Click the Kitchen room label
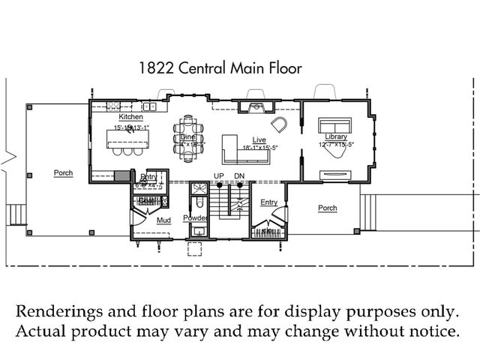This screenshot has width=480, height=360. [130, 118]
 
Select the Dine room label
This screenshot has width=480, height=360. [188, 137]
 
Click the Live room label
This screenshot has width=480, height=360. [259, 140]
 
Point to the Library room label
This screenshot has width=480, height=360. [336, 136]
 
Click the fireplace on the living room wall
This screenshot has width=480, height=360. [257, 106]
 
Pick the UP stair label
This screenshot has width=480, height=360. [220, 175]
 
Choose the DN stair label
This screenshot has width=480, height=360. [239, 175]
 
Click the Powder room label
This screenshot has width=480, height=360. [195, 217]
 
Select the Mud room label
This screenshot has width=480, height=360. [163, 220]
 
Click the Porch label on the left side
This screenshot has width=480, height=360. [64, 173]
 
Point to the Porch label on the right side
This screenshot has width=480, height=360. [327, 208]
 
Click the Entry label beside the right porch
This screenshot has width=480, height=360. [268, 202]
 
